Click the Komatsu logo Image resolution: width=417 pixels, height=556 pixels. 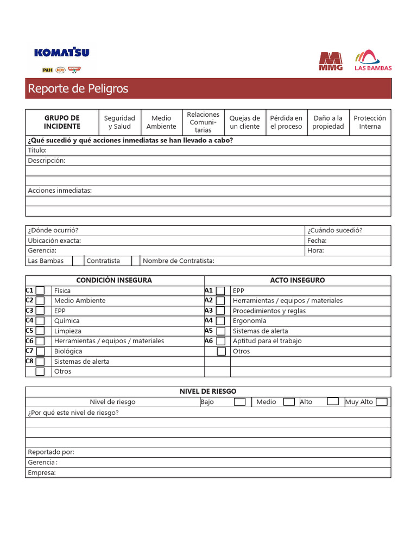(61, 53)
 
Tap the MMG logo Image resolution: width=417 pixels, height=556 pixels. (331, 61)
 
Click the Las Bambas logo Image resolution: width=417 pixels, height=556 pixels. (372, 60)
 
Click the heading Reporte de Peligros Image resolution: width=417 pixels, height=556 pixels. (78, 89)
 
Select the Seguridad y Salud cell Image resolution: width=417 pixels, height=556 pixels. (119, 122)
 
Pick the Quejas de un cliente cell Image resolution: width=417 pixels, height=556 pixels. (244, 122)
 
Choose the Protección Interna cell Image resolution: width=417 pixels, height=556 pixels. (370, 122)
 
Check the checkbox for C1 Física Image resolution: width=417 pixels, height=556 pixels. (40, 290)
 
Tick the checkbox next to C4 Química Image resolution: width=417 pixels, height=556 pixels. (40, 321)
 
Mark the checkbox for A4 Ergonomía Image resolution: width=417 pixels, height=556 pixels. (220, 321)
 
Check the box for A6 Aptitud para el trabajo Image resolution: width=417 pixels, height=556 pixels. (220, 341)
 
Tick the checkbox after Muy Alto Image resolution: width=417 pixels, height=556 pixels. (382, 402)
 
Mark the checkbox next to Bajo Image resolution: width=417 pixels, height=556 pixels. (239, 402)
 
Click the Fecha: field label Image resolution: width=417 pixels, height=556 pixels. (317, 241)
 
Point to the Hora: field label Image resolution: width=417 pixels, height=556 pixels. (315, 250)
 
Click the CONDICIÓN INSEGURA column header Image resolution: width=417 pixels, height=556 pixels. (114, 280)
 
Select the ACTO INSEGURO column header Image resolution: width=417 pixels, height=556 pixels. (298, 280)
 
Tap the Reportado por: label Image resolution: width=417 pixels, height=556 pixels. (51, 452)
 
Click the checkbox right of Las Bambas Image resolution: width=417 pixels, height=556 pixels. (78, 261)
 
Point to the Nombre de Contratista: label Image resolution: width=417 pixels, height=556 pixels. (179, 261)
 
